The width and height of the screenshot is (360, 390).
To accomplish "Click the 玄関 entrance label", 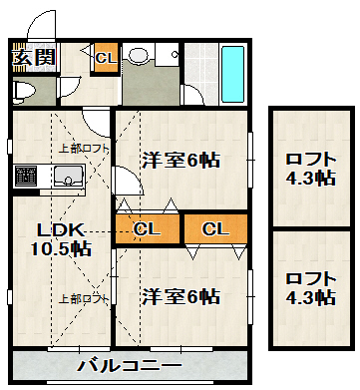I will coord(33,57).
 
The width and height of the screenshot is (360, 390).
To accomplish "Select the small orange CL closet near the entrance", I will coord(104,59).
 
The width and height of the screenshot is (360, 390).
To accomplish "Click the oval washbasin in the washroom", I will coord(141,56).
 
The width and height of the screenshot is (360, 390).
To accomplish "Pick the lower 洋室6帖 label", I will coord(180,296).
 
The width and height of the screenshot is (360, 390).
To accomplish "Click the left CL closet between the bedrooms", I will coord(147,229).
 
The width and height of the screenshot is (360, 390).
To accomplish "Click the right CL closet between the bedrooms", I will coord(214,229).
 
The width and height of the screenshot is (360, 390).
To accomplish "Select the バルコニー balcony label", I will coord(130,365).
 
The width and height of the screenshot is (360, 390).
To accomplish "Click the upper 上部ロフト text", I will coord(84,149).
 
